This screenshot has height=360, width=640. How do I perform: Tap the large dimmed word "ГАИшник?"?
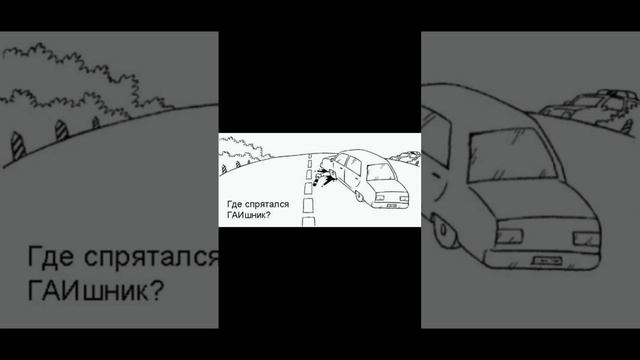pos(96,290)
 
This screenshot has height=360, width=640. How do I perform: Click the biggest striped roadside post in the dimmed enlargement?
pos(17,146)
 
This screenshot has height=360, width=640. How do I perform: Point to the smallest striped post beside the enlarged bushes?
pos(96,122)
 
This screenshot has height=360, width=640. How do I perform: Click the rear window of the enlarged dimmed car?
pos(512,154)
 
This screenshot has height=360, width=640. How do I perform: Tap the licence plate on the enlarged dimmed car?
pos(548,260)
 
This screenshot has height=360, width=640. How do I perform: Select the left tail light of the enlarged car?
pos(509,236)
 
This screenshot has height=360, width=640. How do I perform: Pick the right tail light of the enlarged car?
pos(587,239)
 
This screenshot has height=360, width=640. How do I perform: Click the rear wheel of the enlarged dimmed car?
pos(442,229)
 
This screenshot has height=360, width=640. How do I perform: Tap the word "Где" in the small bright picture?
pos(234,204)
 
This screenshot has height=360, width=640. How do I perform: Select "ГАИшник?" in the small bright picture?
pos(249,215)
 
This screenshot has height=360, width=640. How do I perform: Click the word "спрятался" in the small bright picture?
pos(267,204)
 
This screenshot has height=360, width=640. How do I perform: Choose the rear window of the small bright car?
pos(381,172)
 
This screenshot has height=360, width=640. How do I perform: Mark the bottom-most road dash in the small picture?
pos(309,222)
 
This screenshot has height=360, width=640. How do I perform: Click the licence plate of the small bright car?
pos(392,205)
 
